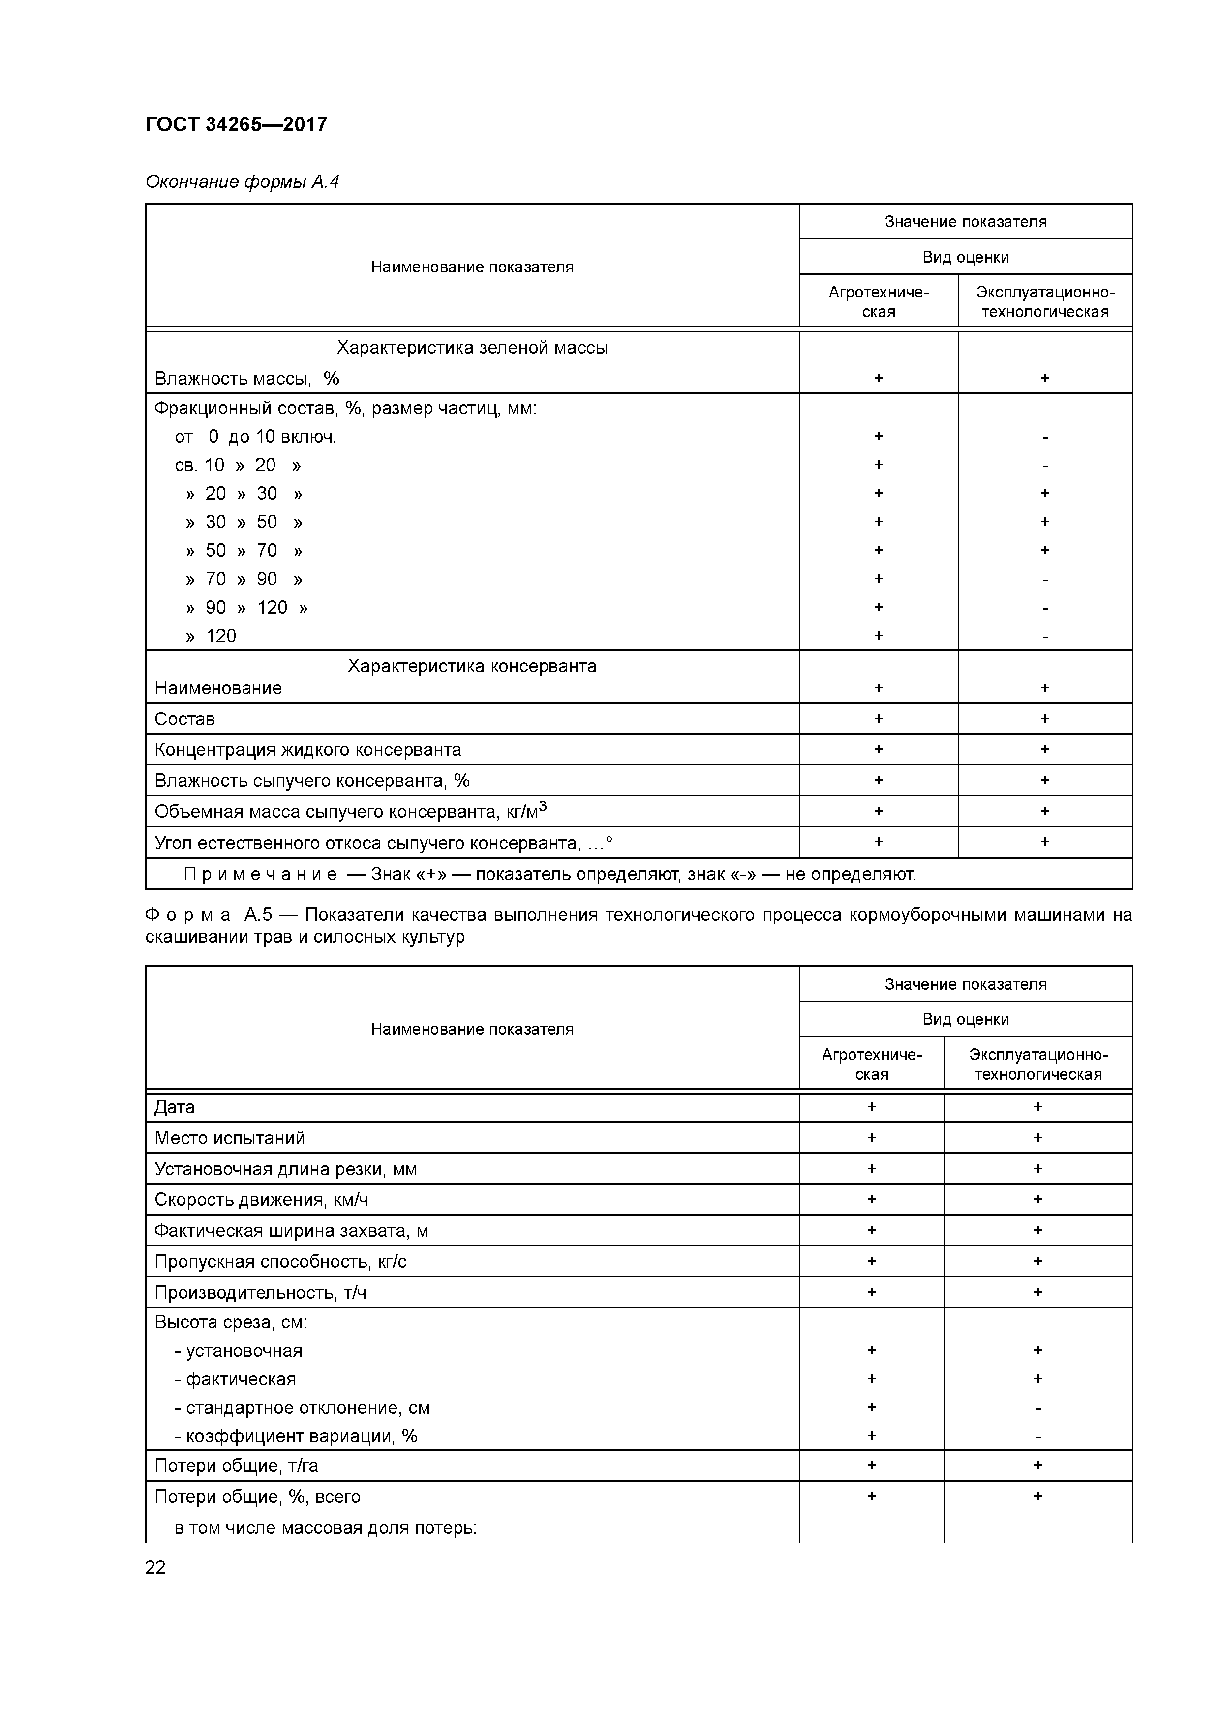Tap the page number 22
155,1567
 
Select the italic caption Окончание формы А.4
242,182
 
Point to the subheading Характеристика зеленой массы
472,348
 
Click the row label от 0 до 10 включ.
256,437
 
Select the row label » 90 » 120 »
246,608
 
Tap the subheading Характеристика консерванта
472,666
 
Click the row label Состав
185,719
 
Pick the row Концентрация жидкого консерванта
307,750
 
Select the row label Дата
175,1107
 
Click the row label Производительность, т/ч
260,1292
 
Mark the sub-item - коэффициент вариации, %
296,1436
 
